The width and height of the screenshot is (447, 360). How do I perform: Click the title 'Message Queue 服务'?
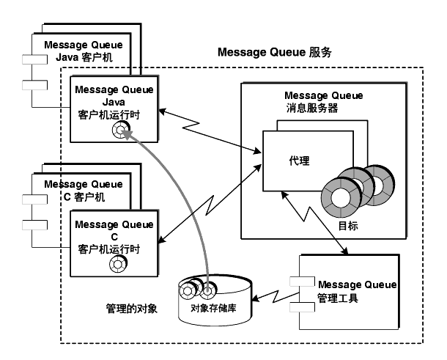[x=275, y=53]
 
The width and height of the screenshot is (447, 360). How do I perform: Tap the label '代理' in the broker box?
[x=299, y=161]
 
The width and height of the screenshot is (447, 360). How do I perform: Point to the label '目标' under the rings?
[x=348, y=226]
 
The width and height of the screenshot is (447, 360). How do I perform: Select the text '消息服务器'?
[x=312, y=108]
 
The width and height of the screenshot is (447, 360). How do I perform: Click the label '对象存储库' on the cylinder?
[x=213, y=308]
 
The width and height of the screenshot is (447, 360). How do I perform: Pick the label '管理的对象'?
[x=131, y=309]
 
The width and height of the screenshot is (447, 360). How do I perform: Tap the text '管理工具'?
[x=338, y=298]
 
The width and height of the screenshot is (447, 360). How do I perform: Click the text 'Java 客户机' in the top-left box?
[x=84, y=57]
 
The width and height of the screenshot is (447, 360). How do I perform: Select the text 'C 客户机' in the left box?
[x=84, y=196]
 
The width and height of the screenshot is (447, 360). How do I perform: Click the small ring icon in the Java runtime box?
[x=121, y=130]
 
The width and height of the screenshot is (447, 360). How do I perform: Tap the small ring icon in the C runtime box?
[x=118, y=264]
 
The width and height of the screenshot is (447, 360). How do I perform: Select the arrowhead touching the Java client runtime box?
[x=162, y=111]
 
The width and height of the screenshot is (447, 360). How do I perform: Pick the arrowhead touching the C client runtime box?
[x=162, y=240]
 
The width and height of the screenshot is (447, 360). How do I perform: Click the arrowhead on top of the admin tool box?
[x=345, y=251]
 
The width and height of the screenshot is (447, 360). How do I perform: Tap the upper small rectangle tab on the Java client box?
[x=34, y=59]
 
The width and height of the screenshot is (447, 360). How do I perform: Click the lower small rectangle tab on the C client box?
[x=34, y=225]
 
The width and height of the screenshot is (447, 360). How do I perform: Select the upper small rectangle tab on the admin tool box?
[x=302, y=282]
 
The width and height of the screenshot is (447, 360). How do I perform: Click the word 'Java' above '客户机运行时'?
[x=114, y=102]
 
